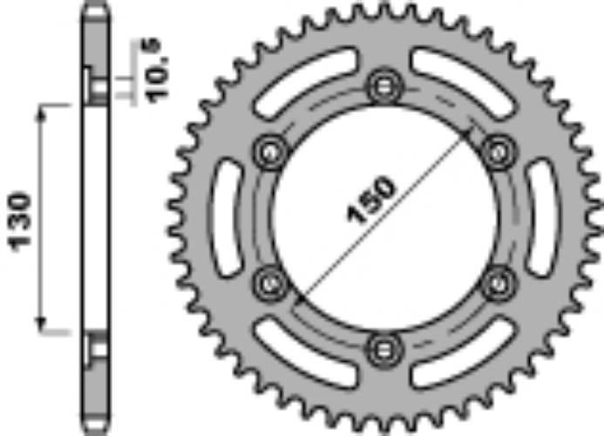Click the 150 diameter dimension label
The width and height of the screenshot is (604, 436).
tap(371, 200)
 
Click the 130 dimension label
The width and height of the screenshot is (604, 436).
tap(20, 221)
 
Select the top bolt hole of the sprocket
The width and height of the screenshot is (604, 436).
tap(384, 86)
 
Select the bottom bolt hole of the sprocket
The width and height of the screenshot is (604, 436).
tap(384, 351)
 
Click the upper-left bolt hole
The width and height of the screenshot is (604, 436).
tap(270, 153)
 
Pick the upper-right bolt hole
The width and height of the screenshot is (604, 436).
tap(499, 153)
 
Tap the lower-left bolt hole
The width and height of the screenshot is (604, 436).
tap(269, 284)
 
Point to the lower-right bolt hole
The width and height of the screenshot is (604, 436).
tap(499, 284)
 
